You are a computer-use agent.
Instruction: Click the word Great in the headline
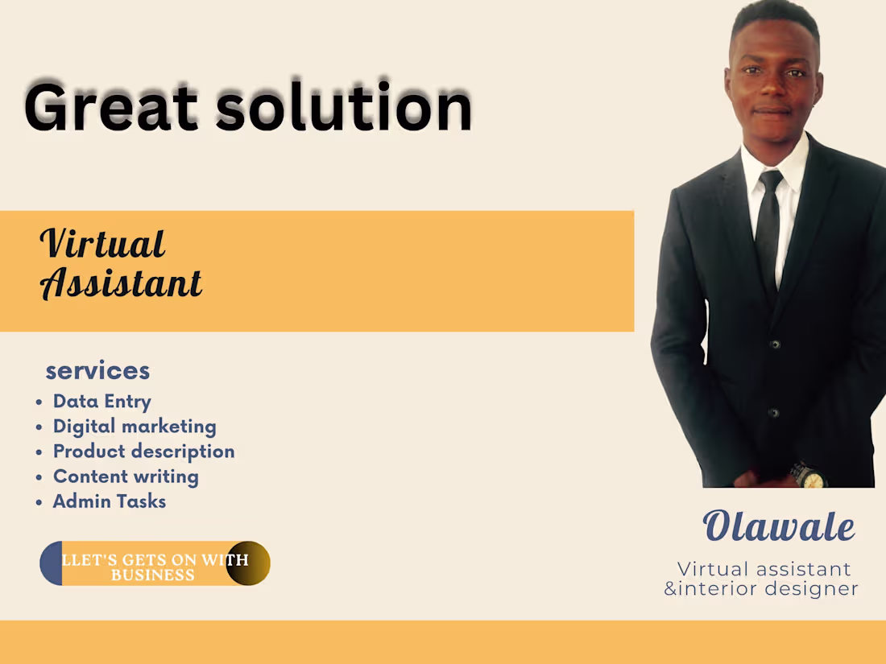click(x=111, y=107)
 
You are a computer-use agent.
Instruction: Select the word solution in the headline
click(x=344, y=107)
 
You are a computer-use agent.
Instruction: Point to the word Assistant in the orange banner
click(x=121, y=283)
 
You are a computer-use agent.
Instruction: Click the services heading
click(x=97, y=370)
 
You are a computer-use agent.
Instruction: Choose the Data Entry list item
click(x=101, y=401)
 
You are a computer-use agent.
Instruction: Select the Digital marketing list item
click(x=135, y=426)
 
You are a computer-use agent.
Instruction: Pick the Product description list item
click(x=143, y=451)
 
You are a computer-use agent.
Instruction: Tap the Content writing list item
click(x=126, y=476)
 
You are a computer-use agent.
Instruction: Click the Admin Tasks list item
click(x=109, y=501)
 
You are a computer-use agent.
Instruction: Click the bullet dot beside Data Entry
click(x=39, y=402)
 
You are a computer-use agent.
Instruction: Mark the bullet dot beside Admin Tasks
click(x=39, y=502)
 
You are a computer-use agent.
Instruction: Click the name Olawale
click(x=778, y=527)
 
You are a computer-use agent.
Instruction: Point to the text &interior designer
click(x=760, y=589)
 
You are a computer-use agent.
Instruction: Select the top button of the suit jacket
click(x=775, y=344)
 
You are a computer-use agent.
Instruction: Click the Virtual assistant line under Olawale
click(x=764, y=569)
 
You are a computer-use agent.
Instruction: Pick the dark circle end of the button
click(x=247, y=563)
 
